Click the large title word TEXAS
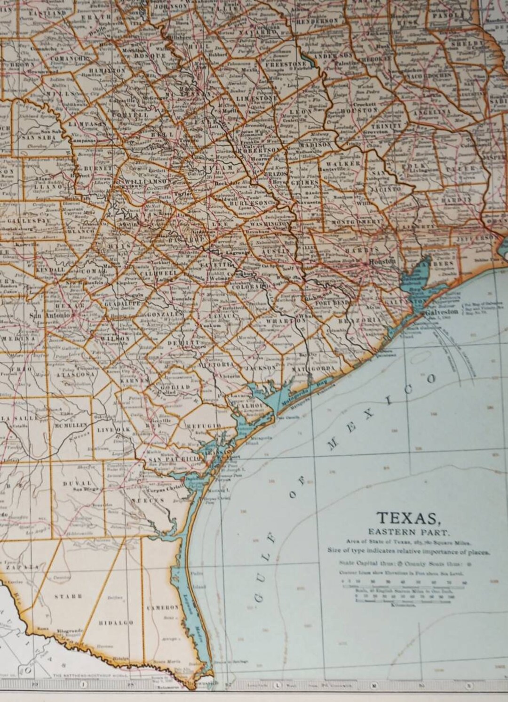pyautogui.click(x=407, y=518)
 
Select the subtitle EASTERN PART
pyautogui.click(x=408, y=533)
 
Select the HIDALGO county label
pyautogui.click(x=115, y=622)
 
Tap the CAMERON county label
pyautogui.click(x=165, y=607)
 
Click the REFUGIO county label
pyautogui.click(x=204, y=425)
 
